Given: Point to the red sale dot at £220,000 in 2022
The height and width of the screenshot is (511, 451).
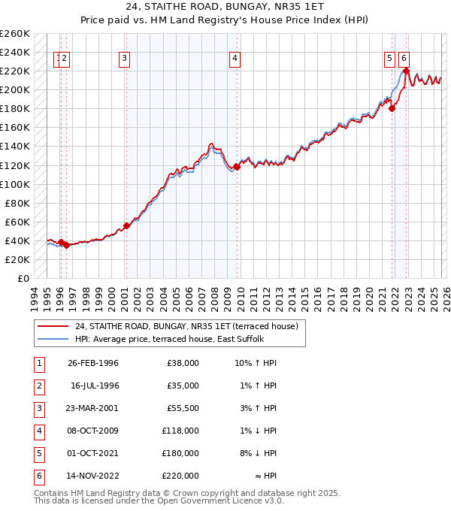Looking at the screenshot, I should [x=406, y=71].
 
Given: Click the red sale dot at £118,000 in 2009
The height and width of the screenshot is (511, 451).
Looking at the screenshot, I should [x=237, y=167].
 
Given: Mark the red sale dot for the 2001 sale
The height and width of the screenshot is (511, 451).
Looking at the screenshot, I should [x=126, y=225].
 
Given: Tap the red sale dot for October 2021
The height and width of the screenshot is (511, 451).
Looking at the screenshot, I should [x=392, y=108].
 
